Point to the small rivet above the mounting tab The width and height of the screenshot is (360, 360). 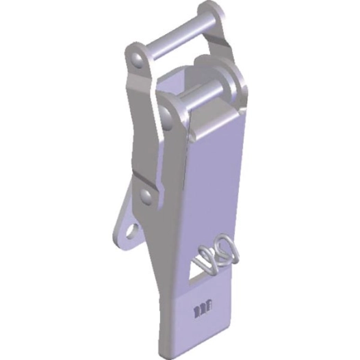tap(145, 197)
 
